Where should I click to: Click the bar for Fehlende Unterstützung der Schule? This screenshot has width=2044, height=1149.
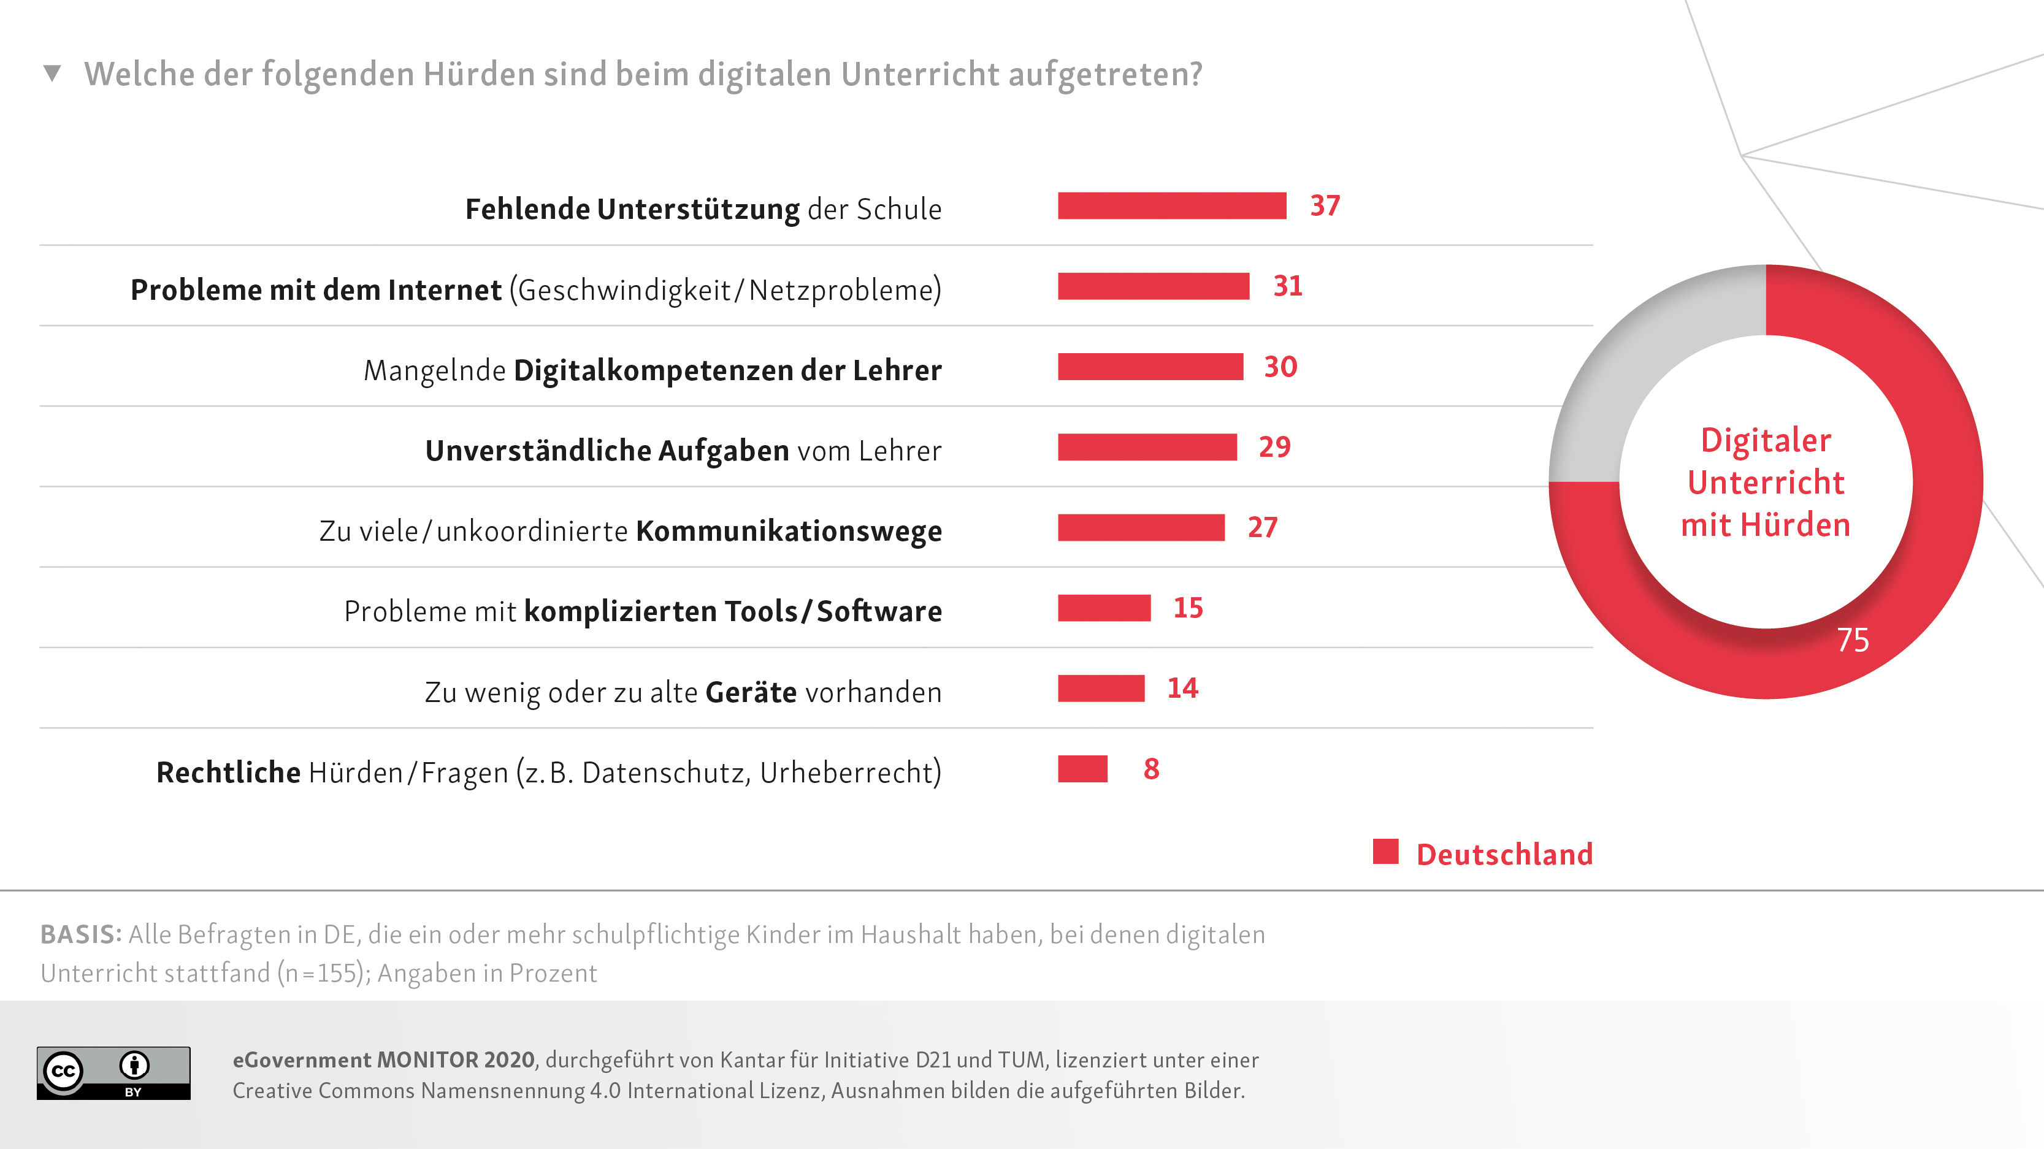coord(1171,206)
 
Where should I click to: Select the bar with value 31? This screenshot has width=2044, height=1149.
coord(1153,286)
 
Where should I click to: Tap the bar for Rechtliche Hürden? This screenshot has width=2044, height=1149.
coord(1082,769)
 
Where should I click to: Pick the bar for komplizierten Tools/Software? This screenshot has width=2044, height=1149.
coord(1104,608)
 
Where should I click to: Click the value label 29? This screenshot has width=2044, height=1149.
coord(1274,448)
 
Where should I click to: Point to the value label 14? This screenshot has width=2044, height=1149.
coord(1182,688)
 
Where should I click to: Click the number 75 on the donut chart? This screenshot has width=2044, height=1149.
coord(1853,640)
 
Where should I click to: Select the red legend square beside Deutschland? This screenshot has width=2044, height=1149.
coord(1385,852)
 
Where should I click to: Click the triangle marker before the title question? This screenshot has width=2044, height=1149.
coord(52,74)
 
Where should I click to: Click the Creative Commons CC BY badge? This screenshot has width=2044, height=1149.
coord(113,1073)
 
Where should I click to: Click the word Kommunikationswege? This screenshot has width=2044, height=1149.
coord(789,531)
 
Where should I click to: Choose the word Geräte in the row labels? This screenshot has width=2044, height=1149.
coord(751,693)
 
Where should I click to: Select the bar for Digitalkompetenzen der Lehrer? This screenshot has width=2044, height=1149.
coord(1150,367)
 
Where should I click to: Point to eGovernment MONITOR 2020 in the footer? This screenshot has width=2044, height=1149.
coord(384,1060)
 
